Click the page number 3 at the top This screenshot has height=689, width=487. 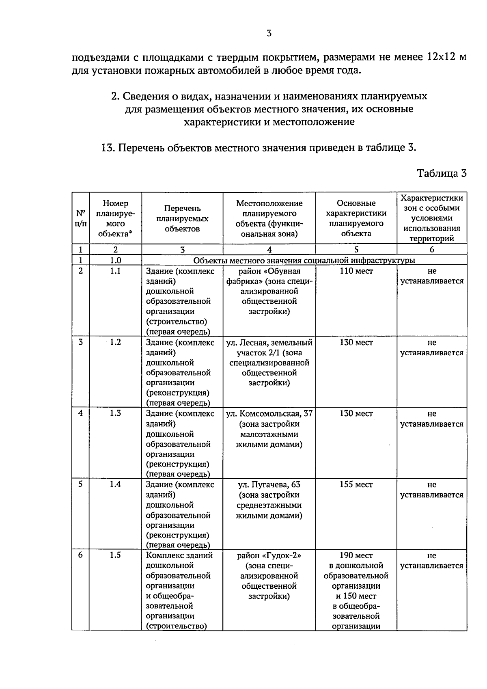pyautogui.click(x=269, y=34)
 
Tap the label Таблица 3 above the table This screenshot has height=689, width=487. pyautogui.click(x=442, y=173)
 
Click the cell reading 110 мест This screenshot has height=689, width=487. pyautogui.click(x=356, y=271)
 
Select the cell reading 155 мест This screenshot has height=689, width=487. pyautogui.click(x=356, y=484)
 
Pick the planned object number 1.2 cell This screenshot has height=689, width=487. pyautogui.click(x=115, y=342)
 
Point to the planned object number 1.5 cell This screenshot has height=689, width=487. pyautogui.click(x=115, y=555)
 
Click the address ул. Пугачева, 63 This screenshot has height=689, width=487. pyautogui.click(x=269, y=484)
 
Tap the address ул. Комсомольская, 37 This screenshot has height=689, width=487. pyautogui.click(x=269, y=413)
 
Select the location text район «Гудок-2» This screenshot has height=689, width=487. pyautogui.click(x=269, y=555)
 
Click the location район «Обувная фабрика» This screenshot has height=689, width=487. pyautogui.click(x=269, y=276)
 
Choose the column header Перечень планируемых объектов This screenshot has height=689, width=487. pyautogui.click(x=182, y=218)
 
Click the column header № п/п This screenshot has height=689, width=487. pyautogui.click(x=80, y=218)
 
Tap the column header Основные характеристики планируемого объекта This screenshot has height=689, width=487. pyautogui.click(x=356, y=218)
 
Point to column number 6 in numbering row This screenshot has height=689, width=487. pyautogui.click(x=431, y=250)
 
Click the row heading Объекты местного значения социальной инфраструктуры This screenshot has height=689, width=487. pyautogui.click(x=304, y=260)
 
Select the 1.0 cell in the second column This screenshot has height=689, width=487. pyautogui.click(x=115, y=260)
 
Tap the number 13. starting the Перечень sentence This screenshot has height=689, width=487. pyautogui.click(x=108, y=147)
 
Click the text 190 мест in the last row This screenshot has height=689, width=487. pyautogui.click(x=356, y=555)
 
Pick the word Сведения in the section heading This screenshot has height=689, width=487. pyautogui.click(x=142, y=96)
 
